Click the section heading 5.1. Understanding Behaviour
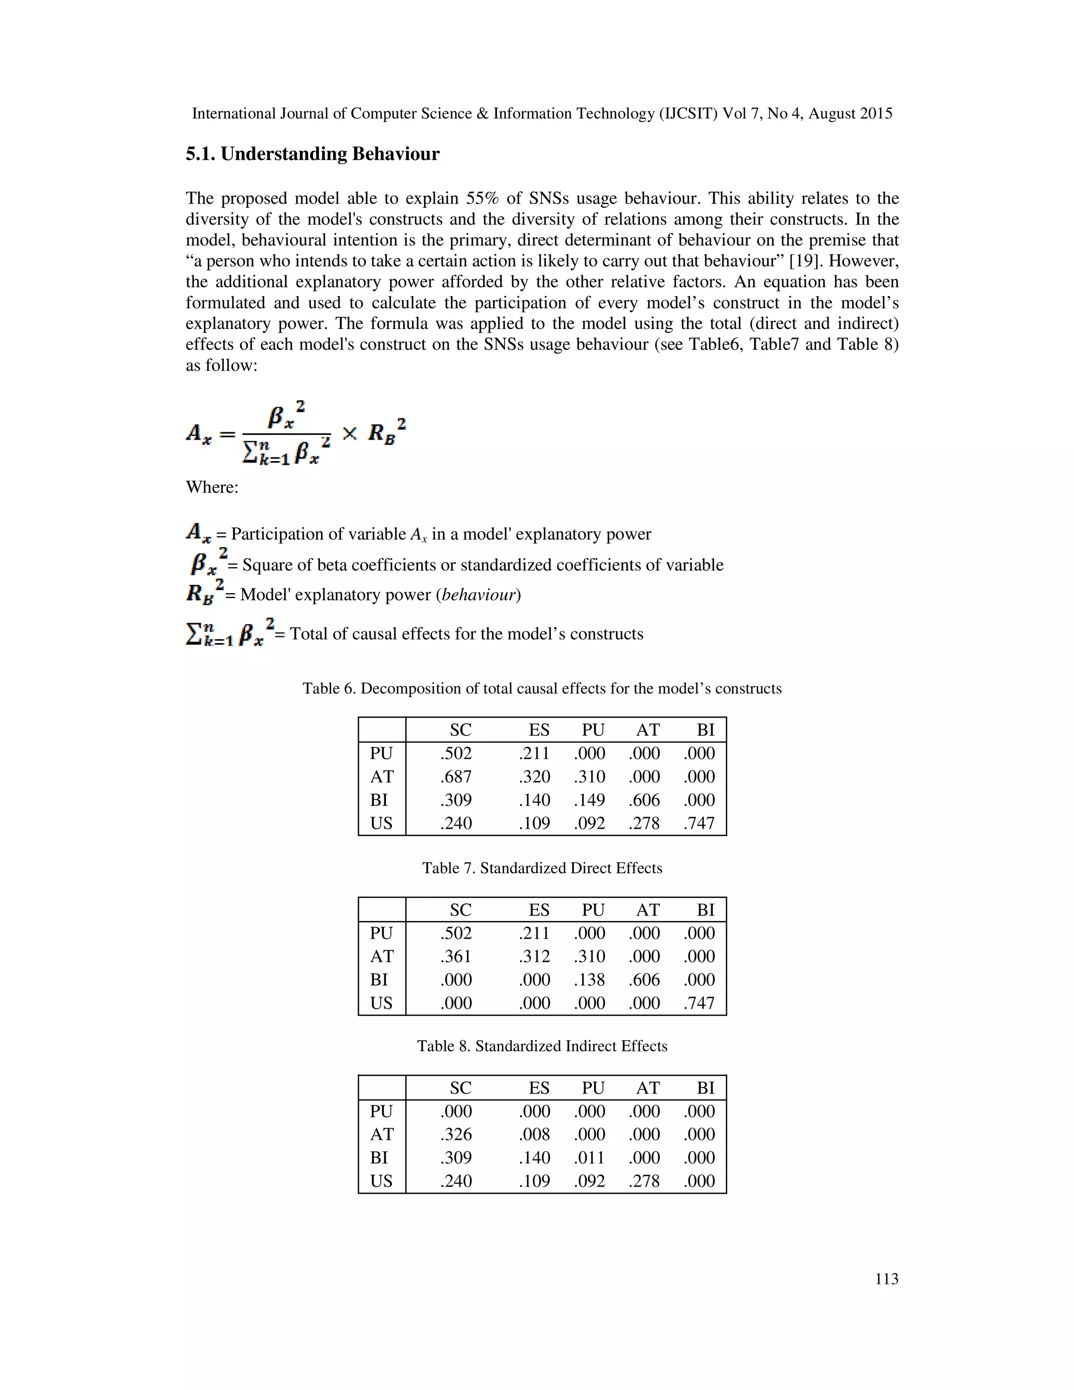(313, 155)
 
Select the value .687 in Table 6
(456, 776)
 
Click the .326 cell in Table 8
(456, 1134)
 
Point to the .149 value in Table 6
(589, 800)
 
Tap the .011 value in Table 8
(589, 1158)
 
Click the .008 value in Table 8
(534, 1134)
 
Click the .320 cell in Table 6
(534, 776)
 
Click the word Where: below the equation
(212, 487)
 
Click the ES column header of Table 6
(539, 730)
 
